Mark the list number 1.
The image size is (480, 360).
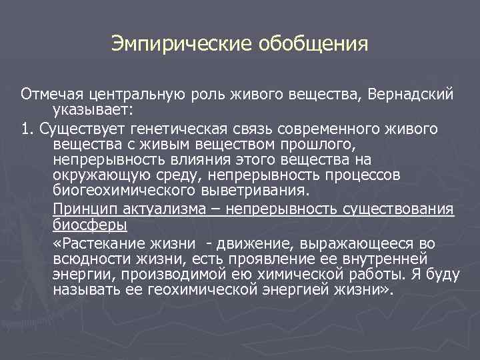click(25, 127)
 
